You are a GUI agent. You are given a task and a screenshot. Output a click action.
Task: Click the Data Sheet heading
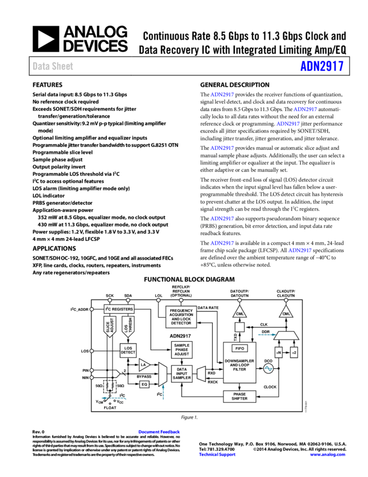click(x=53, y=66)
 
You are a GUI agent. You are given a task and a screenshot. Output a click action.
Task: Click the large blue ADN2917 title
click(x=322, y=66)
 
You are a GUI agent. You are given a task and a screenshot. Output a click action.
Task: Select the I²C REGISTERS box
click(x=119, y=309)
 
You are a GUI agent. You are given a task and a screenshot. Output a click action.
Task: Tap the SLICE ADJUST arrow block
click(x=109, y=326)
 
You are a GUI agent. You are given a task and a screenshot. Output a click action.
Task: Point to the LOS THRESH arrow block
click(x=128, y=326)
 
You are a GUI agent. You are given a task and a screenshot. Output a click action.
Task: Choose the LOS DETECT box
click(x=128, y=351)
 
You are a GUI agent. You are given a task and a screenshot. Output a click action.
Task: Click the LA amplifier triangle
click(x=144, y=365)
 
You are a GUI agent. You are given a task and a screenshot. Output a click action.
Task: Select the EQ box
click(x=144, y=384)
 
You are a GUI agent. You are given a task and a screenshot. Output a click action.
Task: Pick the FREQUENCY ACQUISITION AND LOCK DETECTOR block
click(x=181, y=317)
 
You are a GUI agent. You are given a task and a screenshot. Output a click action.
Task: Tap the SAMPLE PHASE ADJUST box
click(x=181, y=350)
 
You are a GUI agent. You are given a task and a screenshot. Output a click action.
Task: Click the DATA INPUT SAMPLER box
click(x=181, y=374)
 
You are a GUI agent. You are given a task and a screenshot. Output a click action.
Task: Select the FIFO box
click(x=240, y=348)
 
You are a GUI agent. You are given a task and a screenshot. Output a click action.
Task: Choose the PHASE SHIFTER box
click(x=240, y=396)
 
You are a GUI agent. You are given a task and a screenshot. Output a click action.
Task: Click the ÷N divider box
click(x=278, y=352)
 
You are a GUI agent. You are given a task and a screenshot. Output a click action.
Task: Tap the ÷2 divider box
click(x=294, y=352)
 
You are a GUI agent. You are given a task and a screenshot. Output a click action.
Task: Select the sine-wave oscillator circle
click(x=268, y=369)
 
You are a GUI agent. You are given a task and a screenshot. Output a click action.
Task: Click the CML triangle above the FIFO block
click(x=240, y=313)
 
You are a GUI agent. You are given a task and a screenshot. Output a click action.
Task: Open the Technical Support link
click(x=217, y=455)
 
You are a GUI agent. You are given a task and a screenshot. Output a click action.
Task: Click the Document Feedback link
click(x=159, y=432)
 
